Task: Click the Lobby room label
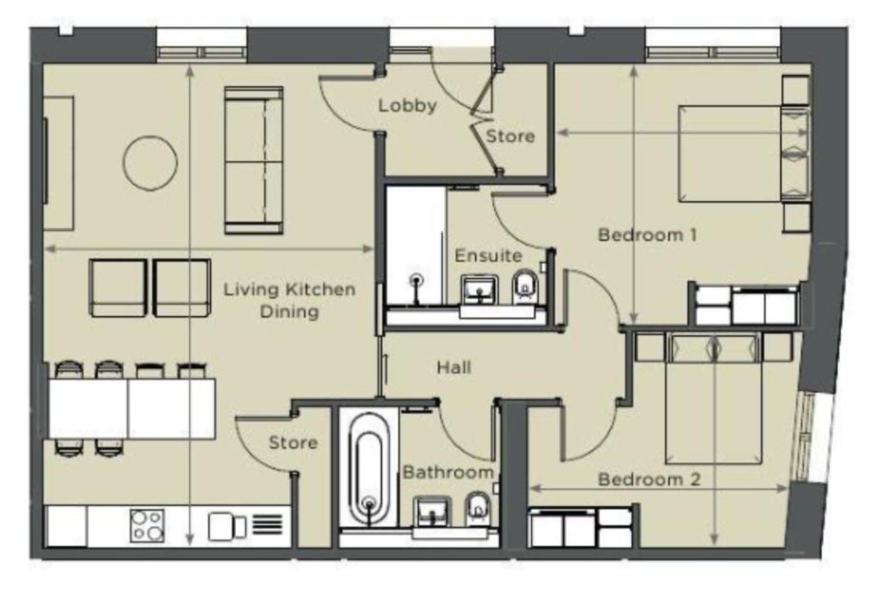click(x=407, y=106)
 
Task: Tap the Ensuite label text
click(x=488, y=255)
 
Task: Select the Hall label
click(x=454, y=367)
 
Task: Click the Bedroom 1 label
click(x=647, y=234)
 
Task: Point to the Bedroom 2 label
click(x=649, y=479)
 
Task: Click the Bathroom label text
click(x=448, y=472)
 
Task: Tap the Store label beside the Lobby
click(x=509, y=136)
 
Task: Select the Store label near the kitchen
click(x=293, y=443)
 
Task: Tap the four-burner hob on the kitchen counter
click(x=147, y=525)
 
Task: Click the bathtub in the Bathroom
click(x=368, y=469)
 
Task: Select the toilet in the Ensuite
click(x=525, y=286)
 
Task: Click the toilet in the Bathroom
click(x=478, y=508)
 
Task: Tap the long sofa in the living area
click(x=253, y=160)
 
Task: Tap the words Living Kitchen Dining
click(x=289, y=300)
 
